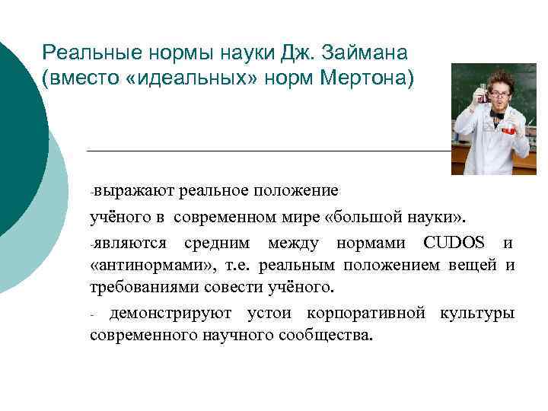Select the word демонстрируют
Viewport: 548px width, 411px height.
tap(171, 313)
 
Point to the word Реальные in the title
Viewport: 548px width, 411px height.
tap(84, 53)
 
